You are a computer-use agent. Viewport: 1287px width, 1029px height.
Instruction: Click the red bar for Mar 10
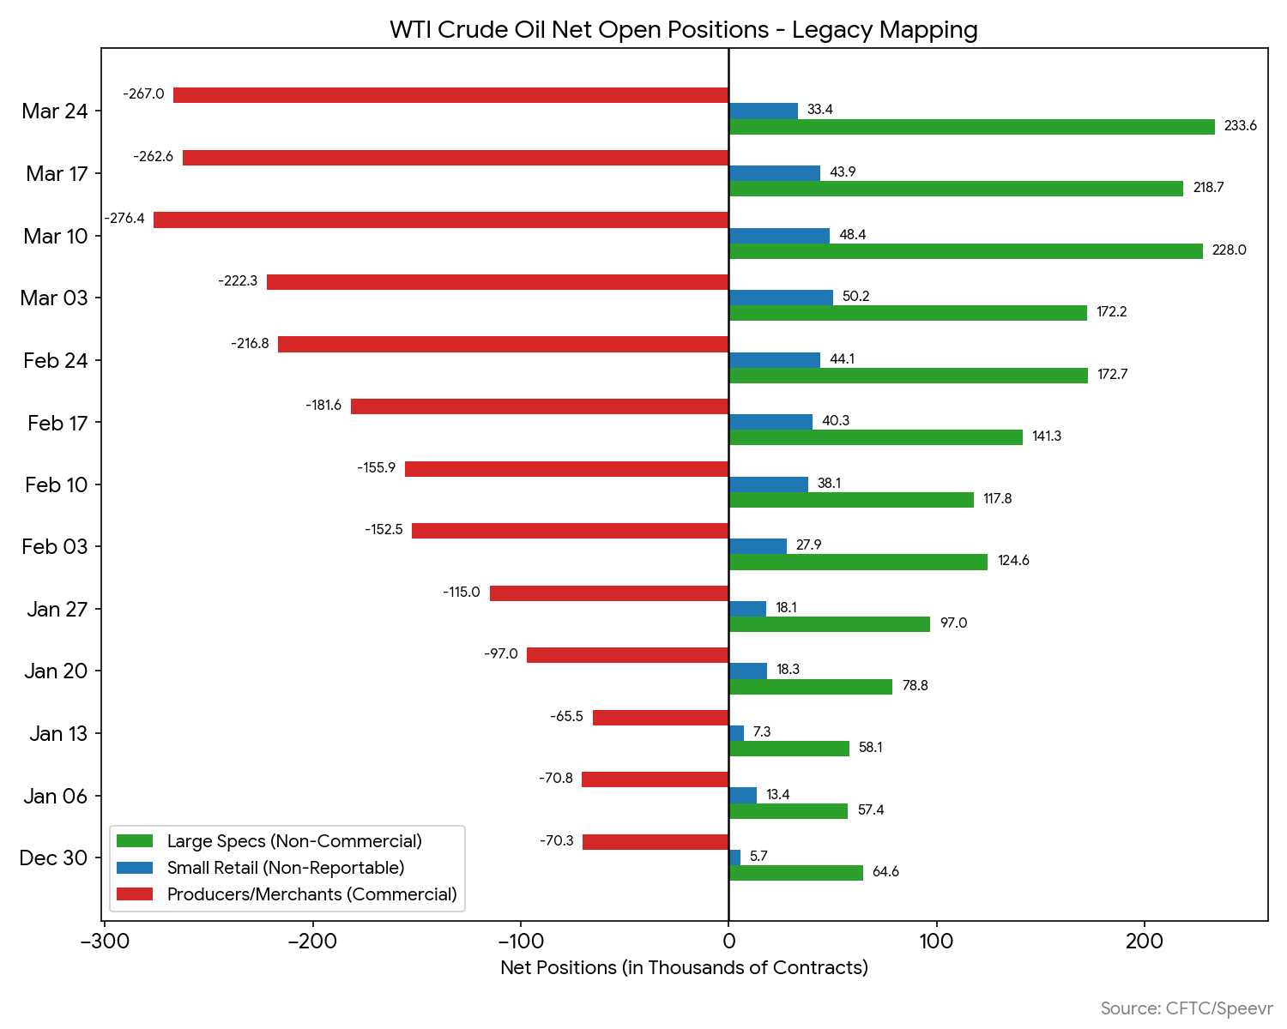(441, 220)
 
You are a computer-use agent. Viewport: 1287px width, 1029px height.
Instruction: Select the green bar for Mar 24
(971, 127)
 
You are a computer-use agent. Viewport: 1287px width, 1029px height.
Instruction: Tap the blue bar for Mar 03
(781, 298)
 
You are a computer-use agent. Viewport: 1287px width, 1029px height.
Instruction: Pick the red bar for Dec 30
(656, 842)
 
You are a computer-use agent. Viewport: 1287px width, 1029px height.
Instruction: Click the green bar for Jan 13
(789, 749)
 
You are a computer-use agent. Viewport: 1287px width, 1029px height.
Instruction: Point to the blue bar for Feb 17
(770, 422)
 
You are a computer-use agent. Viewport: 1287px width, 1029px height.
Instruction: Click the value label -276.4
(124, 219)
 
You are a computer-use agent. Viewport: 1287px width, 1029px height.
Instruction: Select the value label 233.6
(1240, 126)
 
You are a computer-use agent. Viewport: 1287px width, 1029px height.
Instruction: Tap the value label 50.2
(855, 297)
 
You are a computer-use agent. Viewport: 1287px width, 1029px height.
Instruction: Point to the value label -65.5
(566, 716)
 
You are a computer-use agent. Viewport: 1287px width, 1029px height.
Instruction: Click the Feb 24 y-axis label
(56, 361)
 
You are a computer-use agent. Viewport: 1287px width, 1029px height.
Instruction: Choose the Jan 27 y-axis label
(57, 610)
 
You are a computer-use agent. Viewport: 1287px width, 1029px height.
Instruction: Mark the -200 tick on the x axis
(312, 942)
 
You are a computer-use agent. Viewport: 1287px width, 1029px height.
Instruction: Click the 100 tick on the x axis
(936, 942)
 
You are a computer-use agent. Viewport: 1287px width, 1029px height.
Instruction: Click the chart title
(684, 30)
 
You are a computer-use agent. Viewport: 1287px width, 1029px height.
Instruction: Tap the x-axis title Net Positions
(684, 968)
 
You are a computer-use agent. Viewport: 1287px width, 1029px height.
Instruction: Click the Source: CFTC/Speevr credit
(1187, 1008)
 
